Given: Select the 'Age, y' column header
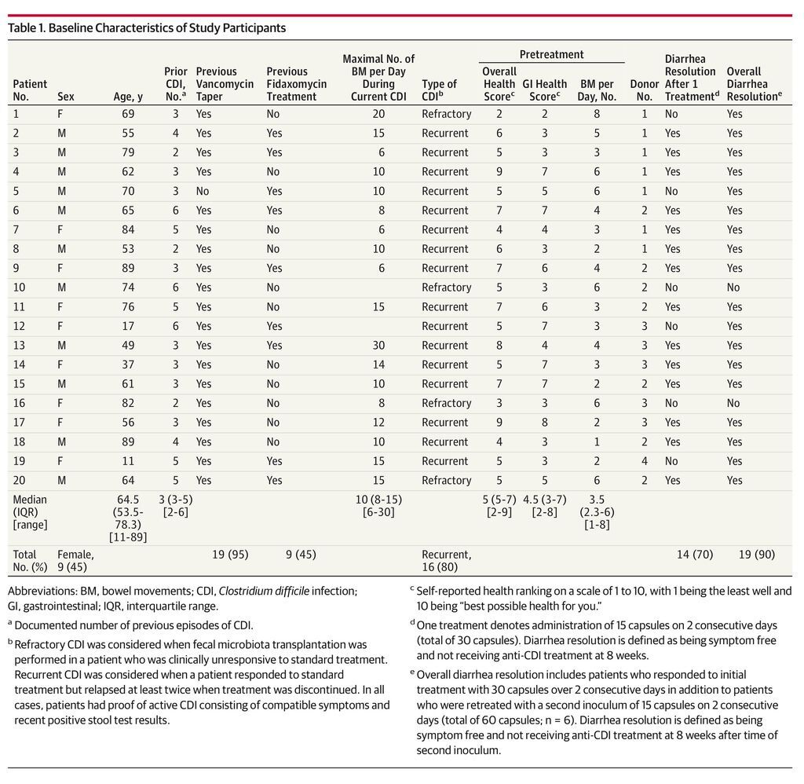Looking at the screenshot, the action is tap(128, 97).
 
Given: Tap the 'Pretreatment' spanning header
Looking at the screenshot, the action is tap(552, 54).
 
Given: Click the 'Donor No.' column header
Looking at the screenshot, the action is tap(644, 90).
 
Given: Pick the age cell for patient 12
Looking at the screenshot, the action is tap(128, 326).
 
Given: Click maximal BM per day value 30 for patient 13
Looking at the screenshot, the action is tap(378, 346).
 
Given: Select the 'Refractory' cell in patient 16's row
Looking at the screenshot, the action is tap(447, 403).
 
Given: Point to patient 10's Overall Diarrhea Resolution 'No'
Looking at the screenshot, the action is tap(733, 288).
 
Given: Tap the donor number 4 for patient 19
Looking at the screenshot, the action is tap(645, 461).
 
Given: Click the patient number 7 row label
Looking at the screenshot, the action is tap(16, 229).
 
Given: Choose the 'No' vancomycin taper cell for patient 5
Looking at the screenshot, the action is tap(203, 191).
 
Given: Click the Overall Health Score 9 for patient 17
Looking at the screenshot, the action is tap(499, 423).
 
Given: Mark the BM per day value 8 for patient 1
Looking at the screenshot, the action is tap(597, 114).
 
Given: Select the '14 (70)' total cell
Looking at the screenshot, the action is tap(695, 554).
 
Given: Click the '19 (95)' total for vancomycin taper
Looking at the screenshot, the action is tap(230, 554).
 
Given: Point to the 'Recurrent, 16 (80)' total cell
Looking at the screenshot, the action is tap(447, 560).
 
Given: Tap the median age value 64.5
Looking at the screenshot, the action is tap(128, 500).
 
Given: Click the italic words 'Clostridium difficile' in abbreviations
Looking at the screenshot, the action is tap(264, 591).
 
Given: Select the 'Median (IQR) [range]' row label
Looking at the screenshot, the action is tap(30, 512).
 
